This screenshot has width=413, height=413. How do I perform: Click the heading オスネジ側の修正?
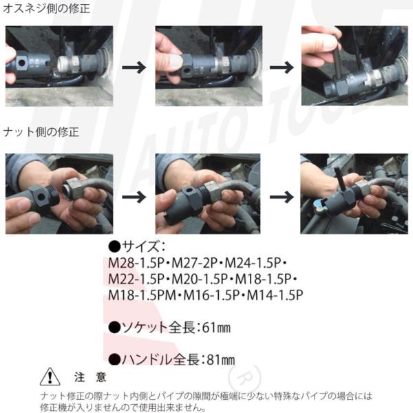pos(46,8)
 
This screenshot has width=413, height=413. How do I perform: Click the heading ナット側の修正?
pos(41,131)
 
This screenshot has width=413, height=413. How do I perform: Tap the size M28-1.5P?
pos(136,263)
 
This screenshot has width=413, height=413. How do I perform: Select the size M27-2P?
pos(194,263)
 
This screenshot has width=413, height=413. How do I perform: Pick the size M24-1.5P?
pos(253,263)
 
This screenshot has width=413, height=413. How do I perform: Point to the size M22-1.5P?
pos(136,279)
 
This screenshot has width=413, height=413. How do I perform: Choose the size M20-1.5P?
pos(200,279)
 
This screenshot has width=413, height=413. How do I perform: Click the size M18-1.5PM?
pos(142,295)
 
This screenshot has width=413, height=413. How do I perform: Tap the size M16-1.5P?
pos(211,295)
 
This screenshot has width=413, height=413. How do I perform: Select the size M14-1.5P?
pos(275,295)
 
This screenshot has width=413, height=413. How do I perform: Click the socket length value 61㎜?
pos(216,328)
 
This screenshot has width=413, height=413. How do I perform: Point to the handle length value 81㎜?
pos(221,359)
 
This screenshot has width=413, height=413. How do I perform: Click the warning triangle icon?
pos(50,377)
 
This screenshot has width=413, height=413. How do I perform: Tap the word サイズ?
pos(140,246)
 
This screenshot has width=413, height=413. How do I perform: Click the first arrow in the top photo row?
pos(134,67)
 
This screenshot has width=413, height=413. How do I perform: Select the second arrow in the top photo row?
pos(282,67)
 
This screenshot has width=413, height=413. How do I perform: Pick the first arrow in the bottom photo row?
pos(134,197)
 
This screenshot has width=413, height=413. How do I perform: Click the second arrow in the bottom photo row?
pos(282,197)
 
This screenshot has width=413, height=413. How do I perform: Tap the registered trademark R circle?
pos(244,377)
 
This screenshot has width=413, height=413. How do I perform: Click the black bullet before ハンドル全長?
pos(114,359)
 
